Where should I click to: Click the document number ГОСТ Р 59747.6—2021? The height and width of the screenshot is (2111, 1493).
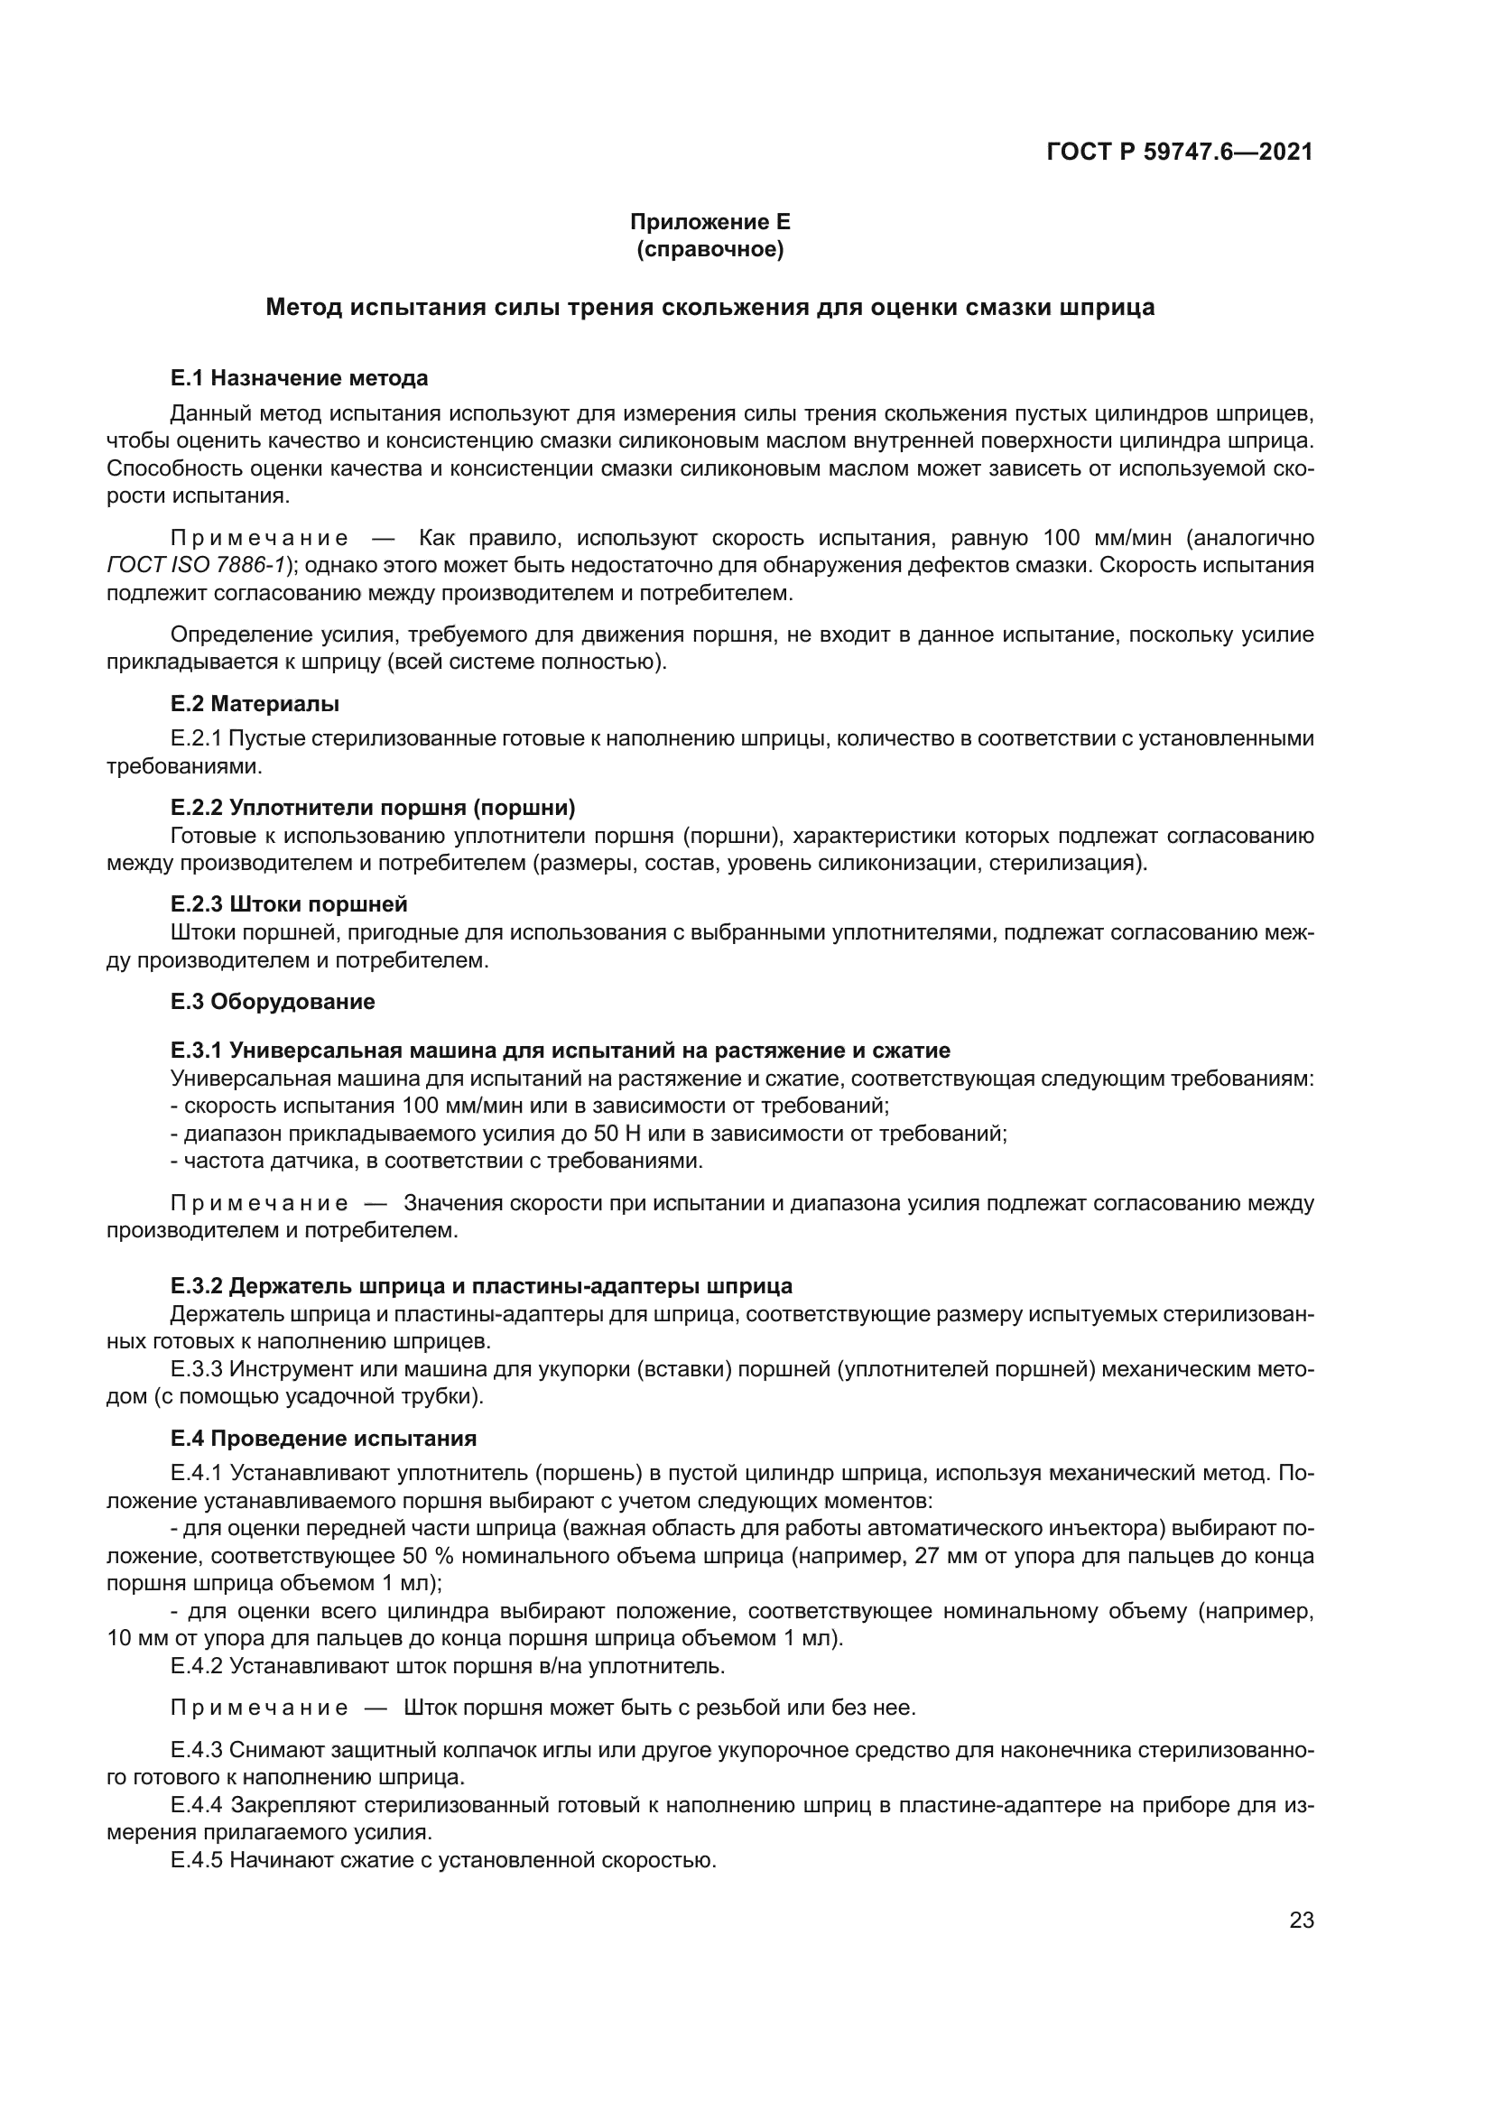[1180, 152]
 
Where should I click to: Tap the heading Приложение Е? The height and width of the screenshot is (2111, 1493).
[709, 222]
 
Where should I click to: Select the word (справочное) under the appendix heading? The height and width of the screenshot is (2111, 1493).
[709, 249]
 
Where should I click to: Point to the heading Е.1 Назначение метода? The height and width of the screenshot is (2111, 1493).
[299, 378]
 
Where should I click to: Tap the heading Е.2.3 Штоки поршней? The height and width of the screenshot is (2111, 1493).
[289, 903]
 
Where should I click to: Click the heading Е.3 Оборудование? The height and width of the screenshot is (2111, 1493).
[272, 1001]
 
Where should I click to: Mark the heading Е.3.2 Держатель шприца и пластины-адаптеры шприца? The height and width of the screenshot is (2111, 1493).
[481, 1285]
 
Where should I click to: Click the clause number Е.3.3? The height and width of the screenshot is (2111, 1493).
[197, 1369]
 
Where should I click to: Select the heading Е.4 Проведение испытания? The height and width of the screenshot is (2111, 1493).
[324, 1438]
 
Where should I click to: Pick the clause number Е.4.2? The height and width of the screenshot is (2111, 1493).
[197, 1666]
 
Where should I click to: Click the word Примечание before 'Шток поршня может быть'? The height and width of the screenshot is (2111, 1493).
[259, 1708]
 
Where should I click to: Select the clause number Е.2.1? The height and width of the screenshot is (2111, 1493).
[197, 738]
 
